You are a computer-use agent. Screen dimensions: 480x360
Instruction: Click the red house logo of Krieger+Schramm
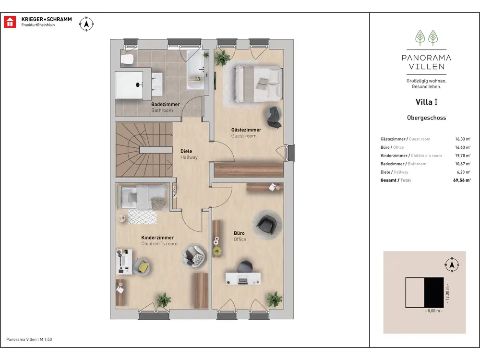coord(10,22)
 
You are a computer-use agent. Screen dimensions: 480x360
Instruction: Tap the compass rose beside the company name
coord(86,24)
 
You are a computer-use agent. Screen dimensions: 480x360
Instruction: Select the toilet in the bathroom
coord(127,60)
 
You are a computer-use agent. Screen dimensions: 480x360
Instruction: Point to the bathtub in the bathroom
coord(195,70)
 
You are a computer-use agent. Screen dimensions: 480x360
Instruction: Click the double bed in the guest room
coord(258,83)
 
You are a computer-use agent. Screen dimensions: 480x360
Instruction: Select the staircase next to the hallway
coord(144,150)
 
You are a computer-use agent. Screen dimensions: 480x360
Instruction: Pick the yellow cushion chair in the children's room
coord(142,266)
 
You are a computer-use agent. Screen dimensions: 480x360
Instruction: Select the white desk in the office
coord(243,278)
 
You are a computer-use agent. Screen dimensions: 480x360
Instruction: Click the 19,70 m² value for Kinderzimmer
coord(463,156)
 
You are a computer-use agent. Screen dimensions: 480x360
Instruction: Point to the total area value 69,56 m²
coord(462,180)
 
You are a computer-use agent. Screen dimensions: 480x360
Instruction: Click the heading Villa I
coord(426,102)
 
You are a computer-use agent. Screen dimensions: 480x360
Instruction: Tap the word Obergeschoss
coord(426,118)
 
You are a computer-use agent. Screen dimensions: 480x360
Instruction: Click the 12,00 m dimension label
coord(447,293)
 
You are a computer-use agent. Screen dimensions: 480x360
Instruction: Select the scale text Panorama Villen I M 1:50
coord(29,339)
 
